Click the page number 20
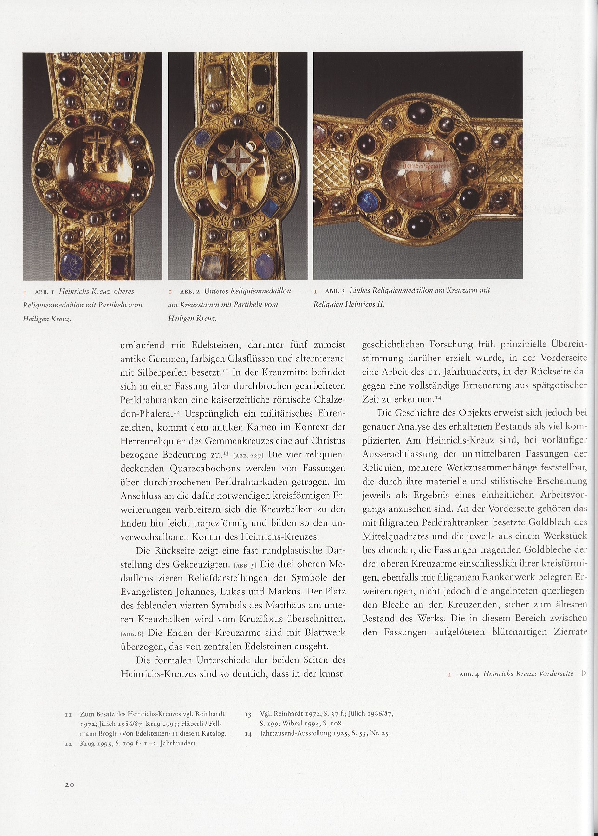coord(70,784)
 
